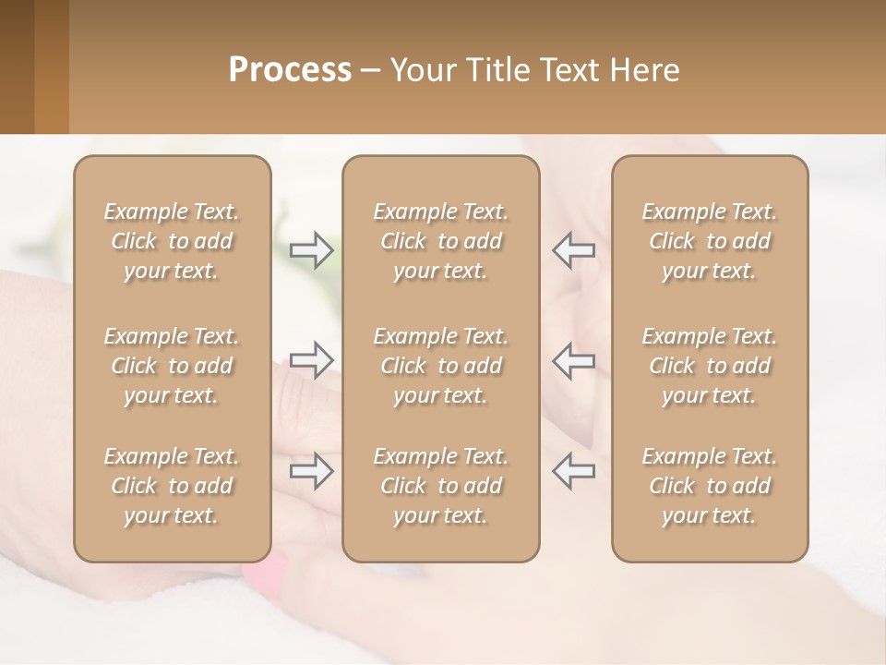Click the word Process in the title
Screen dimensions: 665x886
click(x=290, y=70)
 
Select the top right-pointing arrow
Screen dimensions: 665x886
click(x=311, y=250)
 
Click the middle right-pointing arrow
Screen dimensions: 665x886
click(x=311, y=360)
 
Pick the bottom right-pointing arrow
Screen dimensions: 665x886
click(x=311, y=471)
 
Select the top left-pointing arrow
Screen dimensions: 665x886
click(x=573, y=250)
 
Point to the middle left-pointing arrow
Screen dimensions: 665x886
click(x=573, y=360)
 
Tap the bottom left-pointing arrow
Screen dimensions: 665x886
click(x=573, y=471)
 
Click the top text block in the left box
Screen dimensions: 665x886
click(x=172, y=241)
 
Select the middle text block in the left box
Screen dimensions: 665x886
click(x=172, y=366)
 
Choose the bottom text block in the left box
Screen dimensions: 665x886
click(x=172, y=486)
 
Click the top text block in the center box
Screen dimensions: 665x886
click(x=440, y=241)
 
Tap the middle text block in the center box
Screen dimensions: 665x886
click(x=440, y=366)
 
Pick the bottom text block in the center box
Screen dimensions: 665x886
click(x=440, y=486)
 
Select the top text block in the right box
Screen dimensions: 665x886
click(x=709, y=241)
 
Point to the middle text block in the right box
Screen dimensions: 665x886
click(x=709, y=366)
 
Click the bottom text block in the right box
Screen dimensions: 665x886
click(x=709, y=486)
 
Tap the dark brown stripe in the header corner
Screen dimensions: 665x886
click(x=17, y=66)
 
